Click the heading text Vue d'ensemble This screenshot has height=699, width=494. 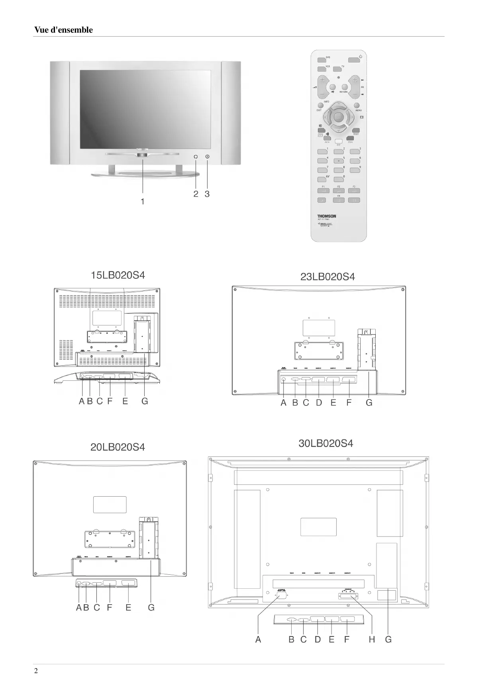63,30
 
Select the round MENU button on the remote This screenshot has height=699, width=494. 357,106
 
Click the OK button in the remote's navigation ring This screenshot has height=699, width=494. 338,117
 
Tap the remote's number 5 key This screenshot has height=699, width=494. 338,161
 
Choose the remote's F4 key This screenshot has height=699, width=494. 338,200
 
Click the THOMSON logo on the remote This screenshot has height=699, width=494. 327,216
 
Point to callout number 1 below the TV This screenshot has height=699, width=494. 143,202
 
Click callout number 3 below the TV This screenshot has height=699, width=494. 207,194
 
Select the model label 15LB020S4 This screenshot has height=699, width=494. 118,275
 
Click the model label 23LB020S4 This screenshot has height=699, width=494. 327,276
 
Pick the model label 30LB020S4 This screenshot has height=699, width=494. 325,443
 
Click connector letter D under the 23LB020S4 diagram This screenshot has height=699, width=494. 319,403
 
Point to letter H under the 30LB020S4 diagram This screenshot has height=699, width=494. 372,639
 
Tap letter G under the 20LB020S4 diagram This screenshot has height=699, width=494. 151,607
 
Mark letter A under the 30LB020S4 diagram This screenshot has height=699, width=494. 258,639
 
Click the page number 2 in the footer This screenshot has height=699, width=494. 36,671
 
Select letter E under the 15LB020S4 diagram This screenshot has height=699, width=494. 125,401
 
